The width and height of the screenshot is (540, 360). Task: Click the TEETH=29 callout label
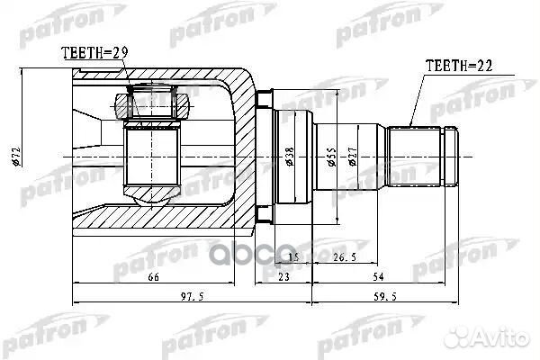tap(94, 53)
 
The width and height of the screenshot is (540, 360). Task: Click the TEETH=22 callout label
tap(459, 66)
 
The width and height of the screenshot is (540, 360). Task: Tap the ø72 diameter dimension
tap(16, 157)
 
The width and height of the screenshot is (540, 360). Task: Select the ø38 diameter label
tap(290, 157)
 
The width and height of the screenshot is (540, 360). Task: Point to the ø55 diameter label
tap(331, 157)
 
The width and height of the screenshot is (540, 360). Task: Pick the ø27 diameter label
tap(353, 157)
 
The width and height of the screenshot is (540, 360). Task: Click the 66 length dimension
tap(153, 276)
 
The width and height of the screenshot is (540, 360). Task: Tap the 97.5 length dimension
tap(193, 296)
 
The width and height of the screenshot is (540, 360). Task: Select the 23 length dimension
tap(283, 276)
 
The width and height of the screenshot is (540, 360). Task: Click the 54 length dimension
tap(378, 276)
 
